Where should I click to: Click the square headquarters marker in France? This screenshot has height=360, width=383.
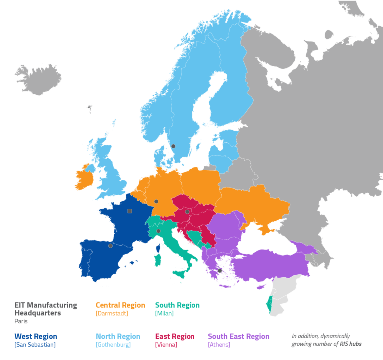coord(130,211)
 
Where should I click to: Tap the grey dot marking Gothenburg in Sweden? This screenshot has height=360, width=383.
coord(174,146)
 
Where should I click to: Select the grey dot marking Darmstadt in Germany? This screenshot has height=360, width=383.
coord(156,201)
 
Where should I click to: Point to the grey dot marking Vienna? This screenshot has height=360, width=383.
coord(187,212)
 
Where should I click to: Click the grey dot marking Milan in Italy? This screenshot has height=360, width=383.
coord(158,231)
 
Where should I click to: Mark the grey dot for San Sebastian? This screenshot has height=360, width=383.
coord(110,245)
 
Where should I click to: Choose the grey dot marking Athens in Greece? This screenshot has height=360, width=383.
coord(220,270)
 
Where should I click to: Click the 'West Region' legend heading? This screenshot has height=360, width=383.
coord(36,336)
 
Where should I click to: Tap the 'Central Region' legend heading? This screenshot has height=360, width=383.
coord(120,305)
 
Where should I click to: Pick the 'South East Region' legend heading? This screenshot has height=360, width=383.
coord(238,336)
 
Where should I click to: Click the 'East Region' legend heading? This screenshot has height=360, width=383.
coord(175,336)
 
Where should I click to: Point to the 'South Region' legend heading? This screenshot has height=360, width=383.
coord(177,305)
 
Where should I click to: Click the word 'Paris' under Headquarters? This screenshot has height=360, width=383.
coord(21,321)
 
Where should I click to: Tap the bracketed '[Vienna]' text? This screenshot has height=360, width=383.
coord(167,345)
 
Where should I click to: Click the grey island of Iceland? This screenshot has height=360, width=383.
coord(39,80)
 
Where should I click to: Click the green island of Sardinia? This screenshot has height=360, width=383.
coord(157,259)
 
